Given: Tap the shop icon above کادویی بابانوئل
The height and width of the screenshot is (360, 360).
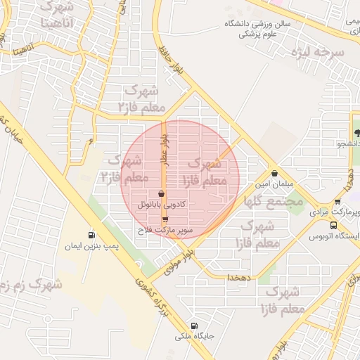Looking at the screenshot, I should click(x=162, y=193).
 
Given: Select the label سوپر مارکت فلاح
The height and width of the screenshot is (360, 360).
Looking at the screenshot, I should click(x=165, y=230).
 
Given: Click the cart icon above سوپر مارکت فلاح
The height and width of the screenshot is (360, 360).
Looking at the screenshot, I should click(x=165, y=220).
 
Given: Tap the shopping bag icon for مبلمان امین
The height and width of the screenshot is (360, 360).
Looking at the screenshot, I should click(x=274, y=173).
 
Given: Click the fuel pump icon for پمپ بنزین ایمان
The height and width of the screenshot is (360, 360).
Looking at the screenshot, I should click(x=91, y=236).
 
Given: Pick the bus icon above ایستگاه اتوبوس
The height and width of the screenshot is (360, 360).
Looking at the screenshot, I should click(x=333, y=226).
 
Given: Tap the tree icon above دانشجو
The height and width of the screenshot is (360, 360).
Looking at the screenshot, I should click(x=356, y=133).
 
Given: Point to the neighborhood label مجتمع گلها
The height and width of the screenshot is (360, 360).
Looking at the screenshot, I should click(x=274, y=201).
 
